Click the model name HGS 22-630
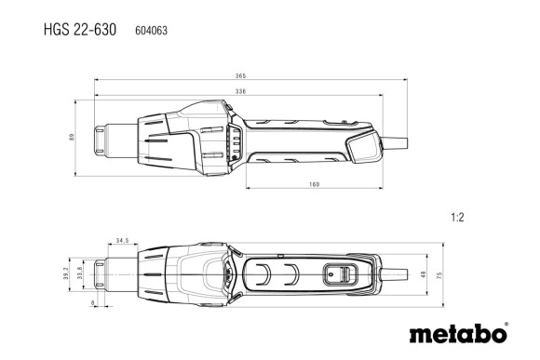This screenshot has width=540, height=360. click(x=79, y=30)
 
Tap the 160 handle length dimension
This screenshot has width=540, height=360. click(x=313, y=185)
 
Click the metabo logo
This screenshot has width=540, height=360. click(x=458, y=332)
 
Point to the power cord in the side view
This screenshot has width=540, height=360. click(x=399, y=140)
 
